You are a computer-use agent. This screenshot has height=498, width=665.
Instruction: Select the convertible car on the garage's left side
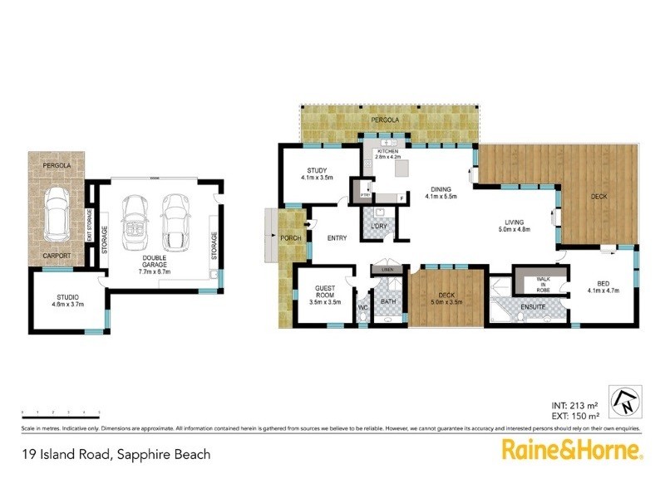133,218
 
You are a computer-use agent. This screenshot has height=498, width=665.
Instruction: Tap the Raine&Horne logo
571,451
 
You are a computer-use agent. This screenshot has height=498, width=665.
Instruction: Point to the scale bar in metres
61,412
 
